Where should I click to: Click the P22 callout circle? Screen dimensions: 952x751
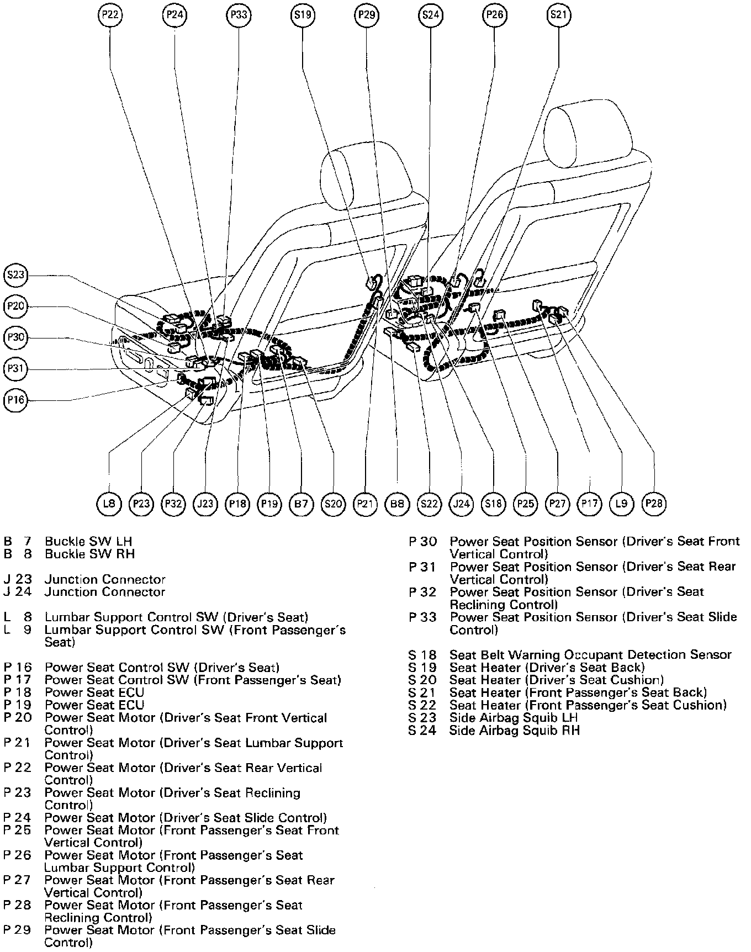[110, 15]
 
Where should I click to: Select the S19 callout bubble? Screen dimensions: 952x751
[302, 15]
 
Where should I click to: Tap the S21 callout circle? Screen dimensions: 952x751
[558, 15]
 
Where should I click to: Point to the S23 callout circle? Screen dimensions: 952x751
[15, 274]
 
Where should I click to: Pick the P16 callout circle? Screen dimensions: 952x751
[15, 400]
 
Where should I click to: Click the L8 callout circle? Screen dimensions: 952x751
[109, 504]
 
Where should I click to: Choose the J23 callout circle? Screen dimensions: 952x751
[205, 504]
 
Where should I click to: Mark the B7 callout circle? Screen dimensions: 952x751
[302, 504]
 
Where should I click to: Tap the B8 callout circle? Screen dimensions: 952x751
[397, 504]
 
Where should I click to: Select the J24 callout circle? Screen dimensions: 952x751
[461, 504]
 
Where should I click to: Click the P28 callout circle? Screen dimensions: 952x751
[654, 504]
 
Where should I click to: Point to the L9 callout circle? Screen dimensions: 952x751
[622, 504]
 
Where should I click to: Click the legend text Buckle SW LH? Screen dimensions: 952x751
[88, 541]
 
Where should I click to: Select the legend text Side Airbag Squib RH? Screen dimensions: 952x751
[515, 731]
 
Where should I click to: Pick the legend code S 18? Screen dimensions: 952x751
[422, 655]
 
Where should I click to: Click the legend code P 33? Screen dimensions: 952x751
[422, 617]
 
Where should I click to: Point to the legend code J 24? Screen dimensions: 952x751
[18, 592]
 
